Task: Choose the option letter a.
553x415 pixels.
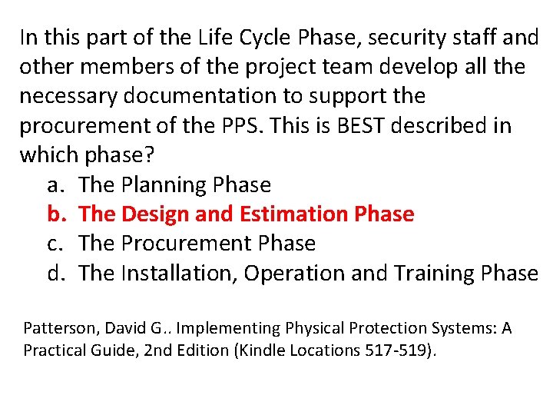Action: [x=53, y=185]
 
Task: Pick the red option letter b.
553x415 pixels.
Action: [x=54, y=214]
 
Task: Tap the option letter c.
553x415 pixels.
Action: [x=53, y=244]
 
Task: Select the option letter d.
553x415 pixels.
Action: [x=54, y=273]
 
